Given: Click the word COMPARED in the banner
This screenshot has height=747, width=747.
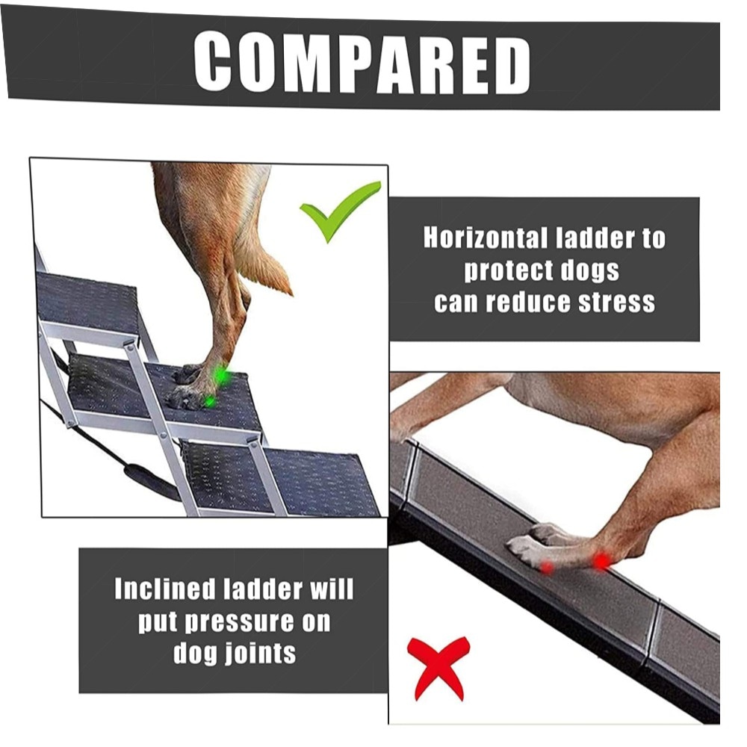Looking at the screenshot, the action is tap(362, 63).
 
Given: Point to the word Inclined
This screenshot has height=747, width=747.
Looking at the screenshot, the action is tap(165, 589).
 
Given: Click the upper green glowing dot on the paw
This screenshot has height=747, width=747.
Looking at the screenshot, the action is tap(220, 374).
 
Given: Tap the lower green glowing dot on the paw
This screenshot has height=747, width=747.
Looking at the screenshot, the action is tap(209, 402).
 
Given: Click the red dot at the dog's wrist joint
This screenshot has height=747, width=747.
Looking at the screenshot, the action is tap(601, 561).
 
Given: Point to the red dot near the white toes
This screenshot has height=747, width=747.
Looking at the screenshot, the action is tap(547, 567).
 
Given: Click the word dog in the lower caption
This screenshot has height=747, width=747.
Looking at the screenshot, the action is tap(195, 654).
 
